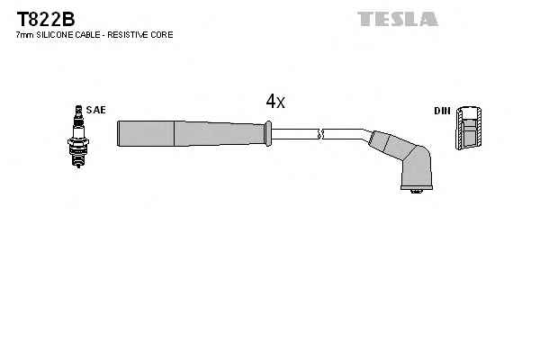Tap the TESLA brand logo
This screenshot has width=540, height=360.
point(397,18)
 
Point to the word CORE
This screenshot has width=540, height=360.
point(161,34)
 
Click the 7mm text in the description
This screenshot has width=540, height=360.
point(24,34)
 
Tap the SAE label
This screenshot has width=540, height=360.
point(97,110)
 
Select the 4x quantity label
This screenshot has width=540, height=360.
point(275,102)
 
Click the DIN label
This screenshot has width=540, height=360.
point(441,111)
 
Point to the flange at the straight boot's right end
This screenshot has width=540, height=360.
point(266,134)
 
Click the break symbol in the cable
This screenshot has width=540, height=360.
point(321,135)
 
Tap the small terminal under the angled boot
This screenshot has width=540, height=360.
point(415,193)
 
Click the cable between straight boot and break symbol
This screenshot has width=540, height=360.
point(295,135)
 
